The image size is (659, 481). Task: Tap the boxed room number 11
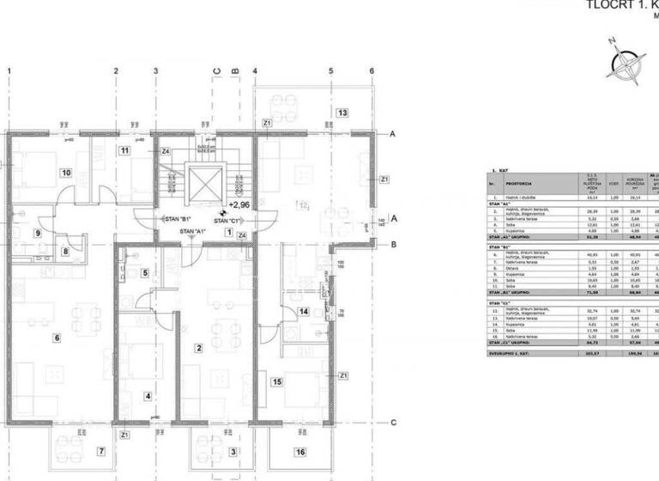pos(124,152)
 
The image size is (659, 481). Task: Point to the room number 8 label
pos(65,252)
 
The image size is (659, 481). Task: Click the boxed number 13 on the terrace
pos(342,113)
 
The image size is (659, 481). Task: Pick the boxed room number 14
pos(303,311)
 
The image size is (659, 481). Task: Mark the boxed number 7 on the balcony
pos(100,451)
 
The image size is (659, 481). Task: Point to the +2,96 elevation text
pos(239,205)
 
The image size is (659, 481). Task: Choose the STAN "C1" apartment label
pos(227,221)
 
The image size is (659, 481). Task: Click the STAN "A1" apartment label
pos(191,232)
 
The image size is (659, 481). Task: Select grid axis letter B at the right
pos(392,245)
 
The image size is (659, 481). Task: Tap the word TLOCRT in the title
pos(608,4)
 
